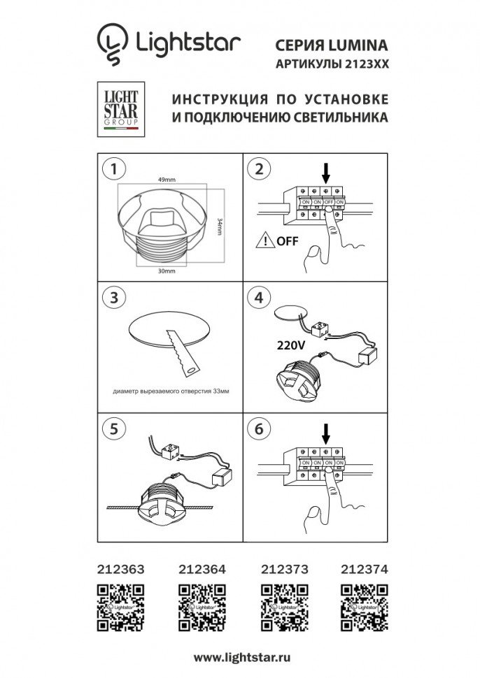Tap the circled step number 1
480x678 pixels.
coord(113,168)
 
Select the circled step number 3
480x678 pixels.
coord(113,296)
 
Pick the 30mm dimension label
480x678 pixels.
coord(167,271)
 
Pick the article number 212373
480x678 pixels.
coord(283,569)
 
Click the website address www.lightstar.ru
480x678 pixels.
coord(241,658)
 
